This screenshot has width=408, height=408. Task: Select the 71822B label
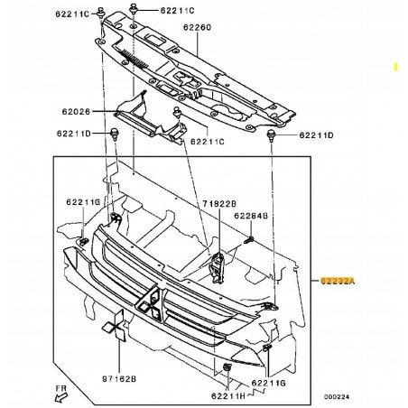pyautogui.click(x=218, y=205)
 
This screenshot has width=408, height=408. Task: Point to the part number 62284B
pyautogui.click(x=249, y=216)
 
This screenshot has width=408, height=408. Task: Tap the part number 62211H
pyautogui.click(x=227, y=395)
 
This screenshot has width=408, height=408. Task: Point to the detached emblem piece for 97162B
pyautogui.click(x=113, y=331)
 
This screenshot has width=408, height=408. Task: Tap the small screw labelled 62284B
pyautogui.click(x=248, y=239)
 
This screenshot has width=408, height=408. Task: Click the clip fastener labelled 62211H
pyautogui.click(x=225, y=369)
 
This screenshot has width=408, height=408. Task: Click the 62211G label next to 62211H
pyautogui.click(x=270, y=384)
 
